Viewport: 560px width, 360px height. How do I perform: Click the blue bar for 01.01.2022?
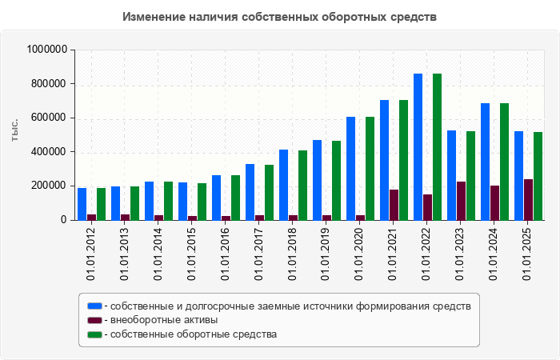click(418, 146)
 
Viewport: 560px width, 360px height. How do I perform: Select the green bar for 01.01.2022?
click(437, 146)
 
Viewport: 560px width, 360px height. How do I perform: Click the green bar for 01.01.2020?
click(370, 168)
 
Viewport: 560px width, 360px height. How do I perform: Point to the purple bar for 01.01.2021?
click(394, 205)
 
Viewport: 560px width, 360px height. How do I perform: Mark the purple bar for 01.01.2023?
click(461, 201)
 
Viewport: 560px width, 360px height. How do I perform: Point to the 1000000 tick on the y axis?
click(46, 50)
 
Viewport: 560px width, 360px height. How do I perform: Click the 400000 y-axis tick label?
click(51, 152)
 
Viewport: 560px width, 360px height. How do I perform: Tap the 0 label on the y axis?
click(65, 220)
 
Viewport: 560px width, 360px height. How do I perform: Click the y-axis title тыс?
click(14, 130)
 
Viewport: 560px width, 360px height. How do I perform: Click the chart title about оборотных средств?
click(280, 17)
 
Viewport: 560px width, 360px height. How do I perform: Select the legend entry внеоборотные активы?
click(164, 320)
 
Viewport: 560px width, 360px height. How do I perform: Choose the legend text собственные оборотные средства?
click(194, 334)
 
